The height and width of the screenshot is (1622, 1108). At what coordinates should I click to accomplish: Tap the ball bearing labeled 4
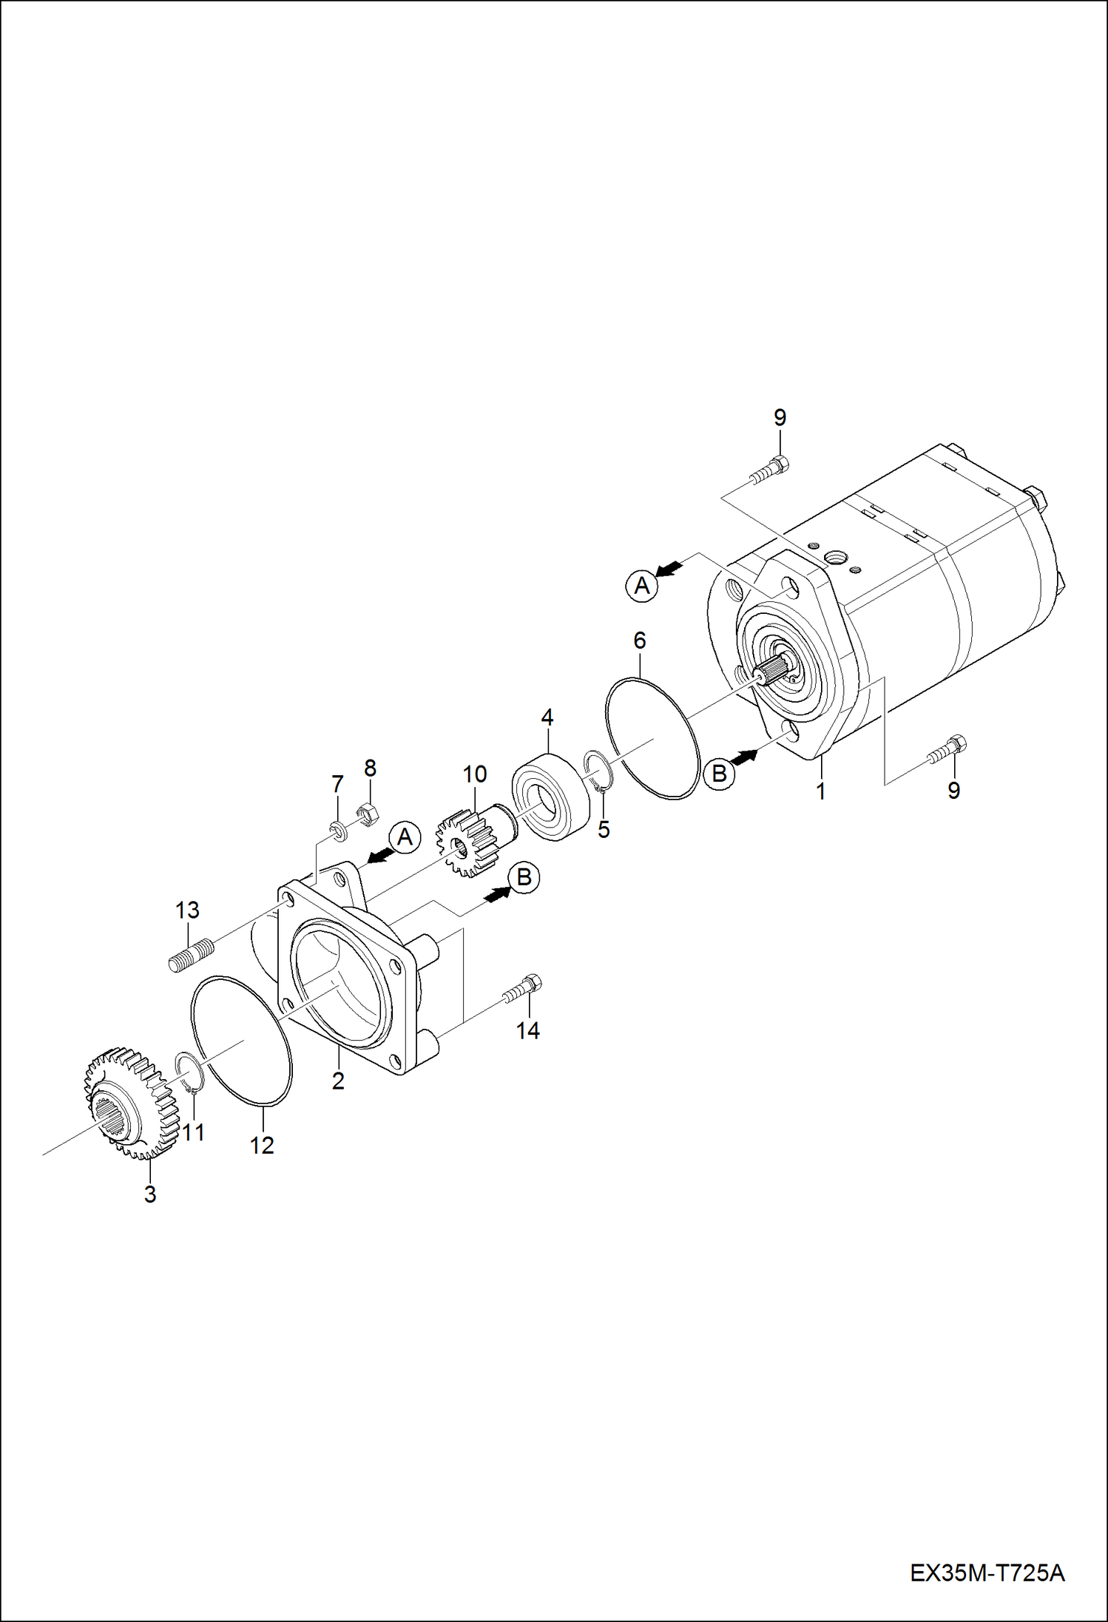(x=551, y=797)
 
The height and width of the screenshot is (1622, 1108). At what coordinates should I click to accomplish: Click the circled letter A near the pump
(x=642, y=586)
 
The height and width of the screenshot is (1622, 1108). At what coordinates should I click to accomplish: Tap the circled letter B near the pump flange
(x=718, y=774)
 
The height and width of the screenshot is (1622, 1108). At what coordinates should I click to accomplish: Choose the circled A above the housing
(x=405, y=838)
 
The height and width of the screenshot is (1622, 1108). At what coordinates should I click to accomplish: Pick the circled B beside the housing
(x=524, y=878)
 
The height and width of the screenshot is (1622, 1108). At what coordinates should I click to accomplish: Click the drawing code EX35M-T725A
(x=987, y=1571)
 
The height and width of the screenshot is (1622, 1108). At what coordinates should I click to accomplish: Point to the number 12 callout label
(x=262, y=1145)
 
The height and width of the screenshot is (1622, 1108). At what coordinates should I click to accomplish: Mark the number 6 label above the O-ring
(x=639, y=641)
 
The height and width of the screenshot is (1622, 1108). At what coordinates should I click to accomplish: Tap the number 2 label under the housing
(x=338, y=1081)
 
